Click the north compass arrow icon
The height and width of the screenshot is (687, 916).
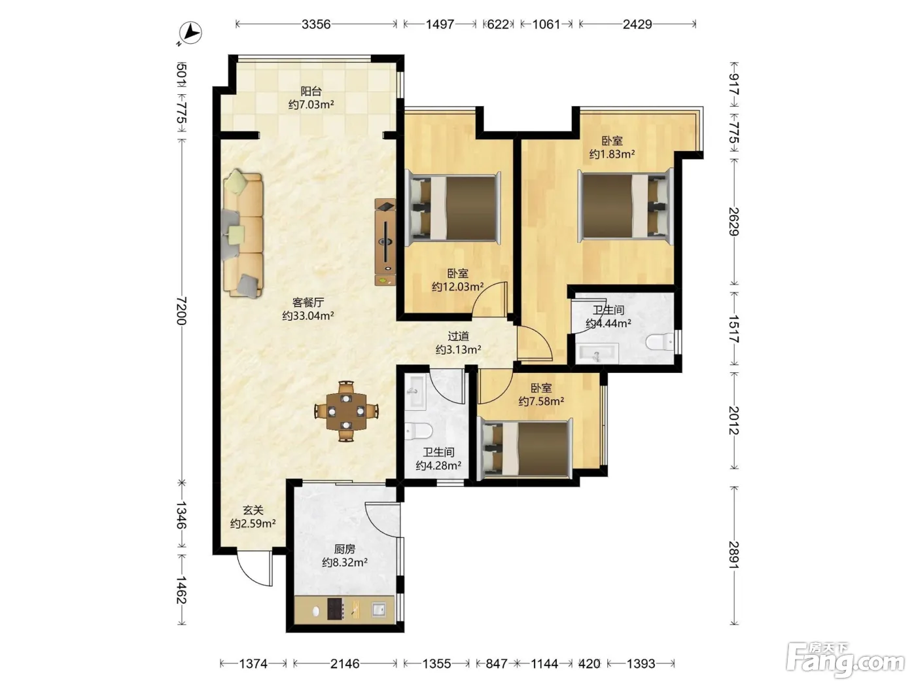pos(190,33)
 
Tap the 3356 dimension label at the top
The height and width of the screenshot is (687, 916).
pos(316,24)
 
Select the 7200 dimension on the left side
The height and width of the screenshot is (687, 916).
pos(181,311)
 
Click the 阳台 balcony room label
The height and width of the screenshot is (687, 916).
pos(311,91)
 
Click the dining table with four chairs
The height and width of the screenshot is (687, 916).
pos(346,411)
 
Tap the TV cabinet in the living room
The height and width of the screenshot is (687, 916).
pos(385,242)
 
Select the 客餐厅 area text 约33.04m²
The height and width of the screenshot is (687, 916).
pos(308,316)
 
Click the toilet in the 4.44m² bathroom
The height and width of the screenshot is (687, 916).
pos(659,342)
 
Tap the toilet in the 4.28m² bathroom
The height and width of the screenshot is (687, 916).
pos(418,431)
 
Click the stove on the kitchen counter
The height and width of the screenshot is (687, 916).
pos(335,609)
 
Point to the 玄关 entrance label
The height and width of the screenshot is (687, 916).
pos(253,510)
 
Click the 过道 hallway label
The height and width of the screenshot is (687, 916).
pos(458,336)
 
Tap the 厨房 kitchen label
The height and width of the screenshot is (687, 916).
pos(345,549)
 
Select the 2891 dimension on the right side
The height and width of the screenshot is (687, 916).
pos(734,555)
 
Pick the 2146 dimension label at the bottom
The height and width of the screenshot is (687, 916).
pos(345,663)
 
